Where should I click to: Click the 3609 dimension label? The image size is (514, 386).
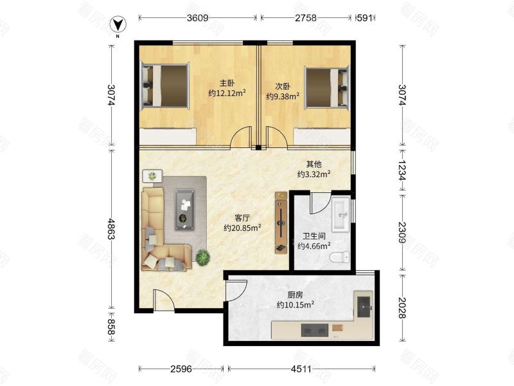197,18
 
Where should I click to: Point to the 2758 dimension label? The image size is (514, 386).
306,18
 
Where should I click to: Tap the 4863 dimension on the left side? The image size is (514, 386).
112,229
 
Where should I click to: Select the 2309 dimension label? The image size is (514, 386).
402,233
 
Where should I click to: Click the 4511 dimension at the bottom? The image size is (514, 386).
301,369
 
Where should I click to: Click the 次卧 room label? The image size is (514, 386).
282,86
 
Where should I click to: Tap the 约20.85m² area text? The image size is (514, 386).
242,228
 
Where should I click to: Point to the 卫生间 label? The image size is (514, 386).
314,235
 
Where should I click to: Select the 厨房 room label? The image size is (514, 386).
295,295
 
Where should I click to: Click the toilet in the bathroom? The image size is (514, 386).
340,257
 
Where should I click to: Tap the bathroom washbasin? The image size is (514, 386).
341,214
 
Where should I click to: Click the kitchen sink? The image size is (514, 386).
364,307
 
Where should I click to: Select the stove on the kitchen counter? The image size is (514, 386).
315,331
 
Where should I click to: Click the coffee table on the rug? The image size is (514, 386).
184,210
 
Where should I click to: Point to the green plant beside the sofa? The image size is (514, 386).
203,257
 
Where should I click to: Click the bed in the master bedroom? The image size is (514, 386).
165,86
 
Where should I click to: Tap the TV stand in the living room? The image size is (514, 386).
281,223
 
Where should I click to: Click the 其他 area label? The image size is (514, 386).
314,164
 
